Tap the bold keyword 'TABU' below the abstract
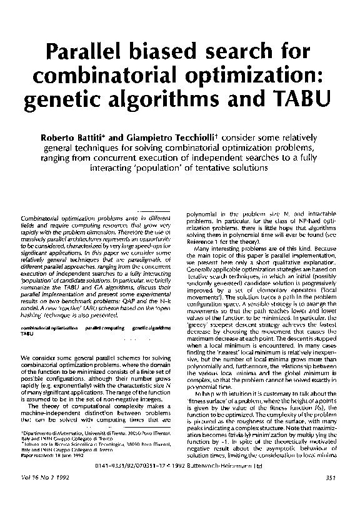pyautogui.click(x=28, y=334)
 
